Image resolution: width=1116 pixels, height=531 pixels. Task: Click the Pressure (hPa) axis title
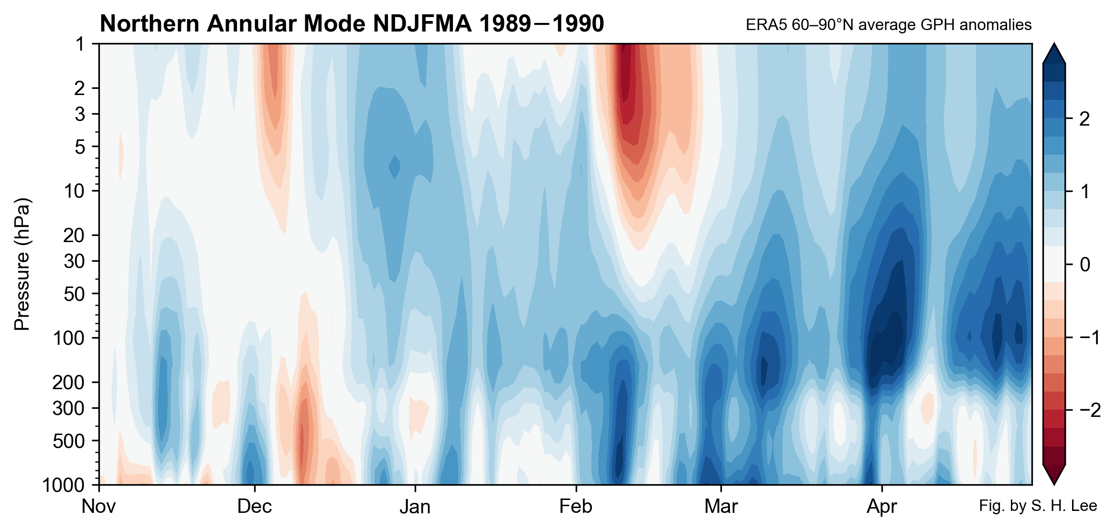22,264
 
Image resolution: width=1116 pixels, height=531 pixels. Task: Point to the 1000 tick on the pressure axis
63,485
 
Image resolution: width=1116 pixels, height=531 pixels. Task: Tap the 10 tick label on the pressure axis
75,191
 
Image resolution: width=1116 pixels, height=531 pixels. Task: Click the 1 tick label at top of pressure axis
80,44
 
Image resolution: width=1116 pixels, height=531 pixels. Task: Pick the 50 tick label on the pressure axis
75,294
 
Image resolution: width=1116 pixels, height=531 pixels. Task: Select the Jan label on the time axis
415,507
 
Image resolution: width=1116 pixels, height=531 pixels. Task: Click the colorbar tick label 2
1084,119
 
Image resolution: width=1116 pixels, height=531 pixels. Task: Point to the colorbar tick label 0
1084,264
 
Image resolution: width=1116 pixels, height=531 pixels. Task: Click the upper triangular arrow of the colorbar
1054,54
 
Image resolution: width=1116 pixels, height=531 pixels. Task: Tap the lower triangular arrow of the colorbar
1054,474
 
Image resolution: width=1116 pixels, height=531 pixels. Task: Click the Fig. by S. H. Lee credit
1038,506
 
